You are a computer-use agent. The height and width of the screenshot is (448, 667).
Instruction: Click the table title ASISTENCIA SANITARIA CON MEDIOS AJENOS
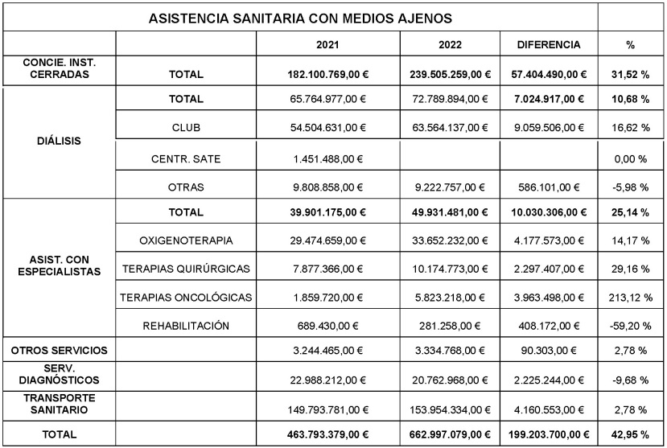tap(300, 17)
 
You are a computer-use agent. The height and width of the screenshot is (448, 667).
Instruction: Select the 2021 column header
tap(327, 44)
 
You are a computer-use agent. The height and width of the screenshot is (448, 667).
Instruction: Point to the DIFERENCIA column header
tap(549, 44)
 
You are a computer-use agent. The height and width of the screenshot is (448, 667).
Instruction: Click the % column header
tap(630, 44)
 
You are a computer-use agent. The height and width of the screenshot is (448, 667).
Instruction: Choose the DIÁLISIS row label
tap(59, 142)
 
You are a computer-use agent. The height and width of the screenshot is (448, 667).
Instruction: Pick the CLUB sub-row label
tap(186, 127)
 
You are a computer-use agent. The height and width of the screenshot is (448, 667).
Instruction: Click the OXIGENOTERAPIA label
tap(186, 240)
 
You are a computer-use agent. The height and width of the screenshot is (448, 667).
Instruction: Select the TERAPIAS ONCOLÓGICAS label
tap(186, 298)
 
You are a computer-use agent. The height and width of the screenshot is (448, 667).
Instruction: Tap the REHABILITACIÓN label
tap(186, 326)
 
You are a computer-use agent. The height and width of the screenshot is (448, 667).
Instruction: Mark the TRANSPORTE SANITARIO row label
tap(59, 405)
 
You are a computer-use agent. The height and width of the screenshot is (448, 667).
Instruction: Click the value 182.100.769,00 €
tap(327, 75)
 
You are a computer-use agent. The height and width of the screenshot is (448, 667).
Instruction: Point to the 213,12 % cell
tap(630, 298)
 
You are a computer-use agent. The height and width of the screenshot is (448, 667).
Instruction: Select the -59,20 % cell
tap(630, 326)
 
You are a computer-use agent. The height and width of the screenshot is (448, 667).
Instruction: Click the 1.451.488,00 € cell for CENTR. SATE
tap(327, 158)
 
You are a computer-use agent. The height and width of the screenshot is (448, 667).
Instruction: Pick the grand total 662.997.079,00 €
tap(449, 434)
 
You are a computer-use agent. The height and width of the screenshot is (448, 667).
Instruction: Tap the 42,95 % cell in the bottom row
tap(630, 434)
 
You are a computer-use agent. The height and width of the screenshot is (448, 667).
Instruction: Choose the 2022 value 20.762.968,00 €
tap(449, 379)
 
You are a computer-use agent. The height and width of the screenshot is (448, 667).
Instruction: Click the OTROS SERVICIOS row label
tap(59, 351)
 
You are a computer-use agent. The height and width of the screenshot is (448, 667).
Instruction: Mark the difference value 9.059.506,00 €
tap(549, 127)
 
